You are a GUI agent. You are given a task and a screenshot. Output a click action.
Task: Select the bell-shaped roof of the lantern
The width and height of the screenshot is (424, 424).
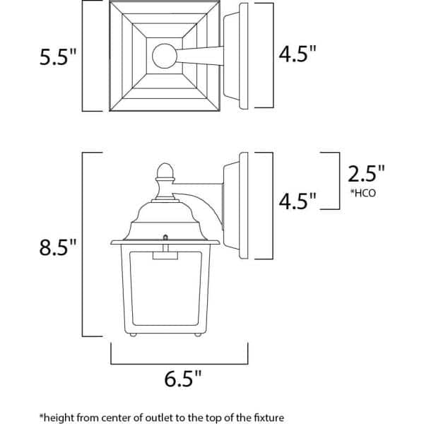[164, 214]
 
